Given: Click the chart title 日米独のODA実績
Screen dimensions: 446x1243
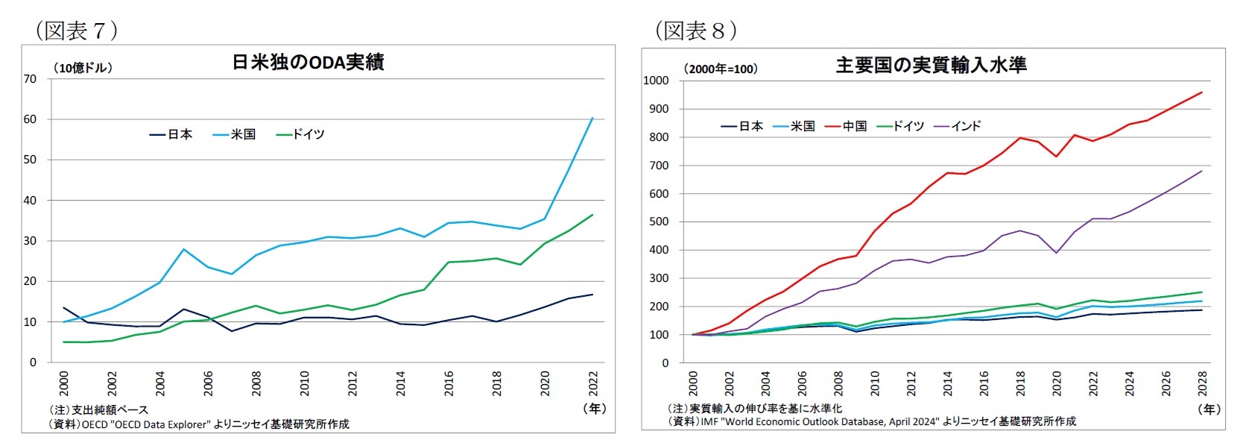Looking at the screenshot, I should click(x=308, y=63).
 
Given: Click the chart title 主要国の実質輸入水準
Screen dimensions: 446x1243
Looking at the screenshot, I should click(x=931, y=66).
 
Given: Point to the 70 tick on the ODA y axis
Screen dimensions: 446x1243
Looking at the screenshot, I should click(x=30, y=79).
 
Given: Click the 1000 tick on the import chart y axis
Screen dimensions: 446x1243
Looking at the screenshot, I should click(x=656, y=81).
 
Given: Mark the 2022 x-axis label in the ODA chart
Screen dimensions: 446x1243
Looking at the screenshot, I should click(x=593, y=383).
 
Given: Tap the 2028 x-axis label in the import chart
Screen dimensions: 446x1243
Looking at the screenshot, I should click(x=1201, y=383).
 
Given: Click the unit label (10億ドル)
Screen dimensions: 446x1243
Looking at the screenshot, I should click(x=83, y=68).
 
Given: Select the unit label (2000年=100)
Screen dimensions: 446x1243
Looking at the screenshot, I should click(x=721, y=69).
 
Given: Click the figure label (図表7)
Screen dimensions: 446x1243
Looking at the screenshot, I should click(x=77, y=31).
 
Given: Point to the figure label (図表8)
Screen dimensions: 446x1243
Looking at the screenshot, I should click(x=696, y=31).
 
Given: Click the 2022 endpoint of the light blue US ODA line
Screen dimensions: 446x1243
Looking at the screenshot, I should click(x=592, y=118).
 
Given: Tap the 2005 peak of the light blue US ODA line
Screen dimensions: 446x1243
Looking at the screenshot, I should click(x=183, y=249).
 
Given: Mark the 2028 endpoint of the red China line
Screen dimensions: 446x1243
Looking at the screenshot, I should click(x=1201, y=92).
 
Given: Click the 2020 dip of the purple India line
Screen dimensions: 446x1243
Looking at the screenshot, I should click(x=1056, y=253).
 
